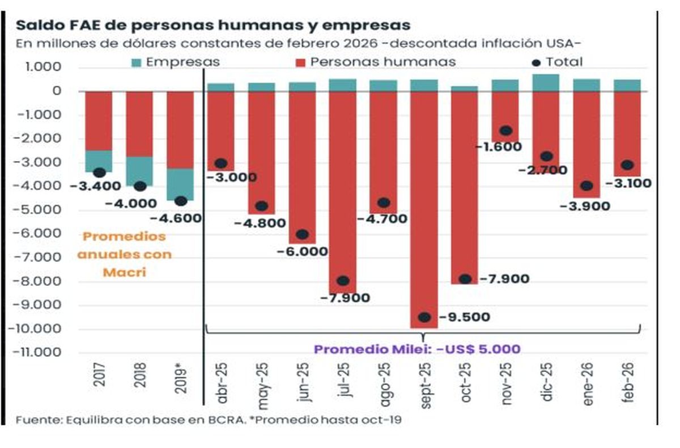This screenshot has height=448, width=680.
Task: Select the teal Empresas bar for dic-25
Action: tap(546, 83)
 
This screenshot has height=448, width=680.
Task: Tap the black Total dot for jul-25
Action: tap(343, 281)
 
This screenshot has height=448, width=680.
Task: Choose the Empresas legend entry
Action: tap(176, 62)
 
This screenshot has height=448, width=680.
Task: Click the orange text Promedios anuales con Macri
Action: tap(124, 254)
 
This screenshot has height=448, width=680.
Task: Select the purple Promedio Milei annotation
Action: tap(417, 349)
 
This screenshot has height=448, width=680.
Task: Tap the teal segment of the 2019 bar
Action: tap(180, 184)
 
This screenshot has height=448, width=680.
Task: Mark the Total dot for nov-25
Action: tap(505, 131)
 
